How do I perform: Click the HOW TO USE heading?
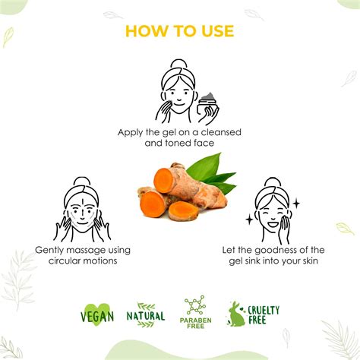click(x=179, y=31)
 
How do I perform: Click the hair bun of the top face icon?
click(x=178, y=65)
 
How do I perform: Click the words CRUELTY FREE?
click(x=264, y=314)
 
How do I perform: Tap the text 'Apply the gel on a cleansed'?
click(x=179, y=132)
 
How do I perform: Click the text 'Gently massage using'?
click(x=83, y=250)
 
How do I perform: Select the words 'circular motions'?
click(x=83, y=261)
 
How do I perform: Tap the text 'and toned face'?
click(x=179, y=143)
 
